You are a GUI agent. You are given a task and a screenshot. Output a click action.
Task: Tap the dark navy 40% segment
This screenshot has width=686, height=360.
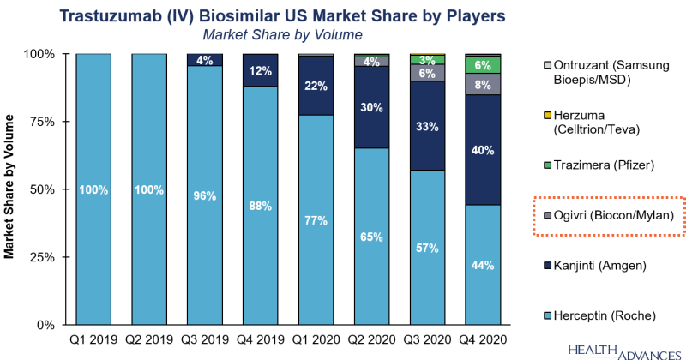pyautogui.click(x=483, y=150)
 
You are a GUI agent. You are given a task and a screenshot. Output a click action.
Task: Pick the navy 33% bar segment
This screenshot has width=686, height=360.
pyautogui.click(x=427, y=126)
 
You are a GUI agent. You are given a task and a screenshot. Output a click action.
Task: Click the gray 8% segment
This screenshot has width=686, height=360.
pyautogui.click(x=483, y=84)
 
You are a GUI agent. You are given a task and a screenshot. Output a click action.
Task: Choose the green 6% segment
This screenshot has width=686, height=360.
pyautogui.click(x=483, y=65)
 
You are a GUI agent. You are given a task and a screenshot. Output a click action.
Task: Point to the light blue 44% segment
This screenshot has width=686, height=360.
pyautogui.click(x=483, y=265)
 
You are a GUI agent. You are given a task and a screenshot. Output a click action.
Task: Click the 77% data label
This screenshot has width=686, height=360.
pyautogui.click(x=316, y=220)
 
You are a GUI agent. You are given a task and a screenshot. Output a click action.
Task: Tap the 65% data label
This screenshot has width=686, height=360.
pyautogui.click(x=371, y=237)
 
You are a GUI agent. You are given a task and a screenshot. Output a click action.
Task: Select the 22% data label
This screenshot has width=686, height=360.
pyautogui.click(x=316, y=85)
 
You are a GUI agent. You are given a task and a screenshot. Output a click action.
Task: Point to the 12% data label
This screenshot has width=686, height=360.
pyautogui.click(x=260, y=70)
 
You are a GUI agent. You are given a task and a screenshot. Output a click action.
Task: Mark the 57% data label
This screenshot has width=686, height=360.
pyautogui.click(x=427, y=248)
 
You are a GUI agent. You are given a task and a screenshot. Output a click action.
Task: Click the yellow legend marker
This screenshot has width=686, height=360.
pyautogui.click(x=548, y=115)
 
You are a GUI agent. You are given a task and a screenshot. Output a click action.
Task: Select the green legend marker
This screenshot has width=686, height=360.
pyautogui.click(x=548, y=165)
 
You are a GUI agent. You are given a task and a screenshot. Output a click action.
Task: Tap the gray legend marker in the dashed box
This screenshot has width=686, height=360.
pyautogui.click(x=548, y=215)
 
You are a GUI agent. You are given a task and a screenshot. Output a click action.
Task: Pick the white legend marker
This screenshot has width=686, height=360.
pyautogui.click(x=548, y=65)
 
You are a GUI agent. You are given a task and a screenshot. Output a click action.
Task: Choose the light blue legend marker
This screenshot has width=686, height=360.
pyautogui.click(x=548, y=316)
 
